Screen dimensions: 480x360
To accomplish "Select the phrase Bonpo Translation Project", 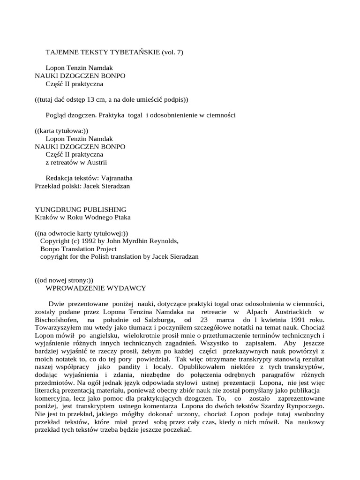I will click(x=78, y=249).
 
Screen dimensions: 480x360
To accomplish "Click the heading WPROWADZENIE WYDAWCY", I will click(x=96, y=288).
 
